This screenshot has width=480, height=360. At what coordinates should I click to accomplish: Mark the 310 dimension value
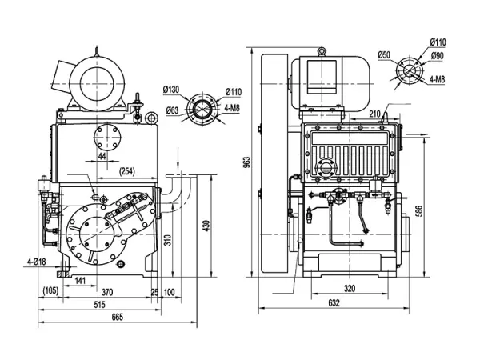click(x=167, y=241)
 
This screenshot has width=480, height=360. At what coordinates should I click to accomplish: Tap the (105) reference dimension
click(x=50, y=291)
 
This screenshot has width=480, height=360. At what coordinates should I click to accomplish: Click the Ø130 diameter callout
click(x=171, y=89)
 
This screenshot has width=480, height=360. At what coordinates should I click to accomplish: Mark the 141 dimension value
click(x=80, y=280)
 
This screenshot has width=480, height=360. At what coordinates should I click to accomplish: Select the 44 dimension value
click(x=102, y=158)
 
